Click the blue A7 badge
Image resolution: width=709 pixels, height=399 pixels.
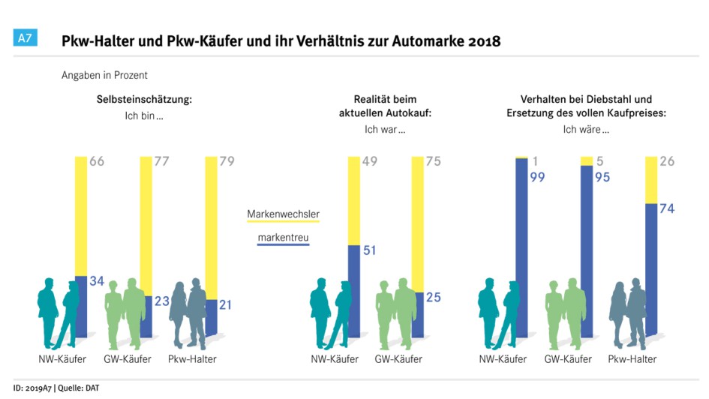pyautogui.click(x=25, y=37)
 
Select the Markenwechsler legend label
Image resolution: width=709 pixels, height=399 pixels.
pyautogui.click(x=283, y=214)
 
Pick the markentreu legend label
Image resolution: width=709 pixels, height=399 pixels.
pyautogui.click(x=283, y=238)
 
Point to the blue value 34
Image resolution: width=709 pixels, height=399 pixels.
pyautogui.click(x=96, y=281)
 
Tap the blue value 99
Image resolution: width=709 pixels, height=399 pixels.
pyautogui.click(x=537, y=178)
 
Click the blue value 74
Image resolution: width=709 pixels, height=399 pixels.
pyautogui.click(x=667, y=209)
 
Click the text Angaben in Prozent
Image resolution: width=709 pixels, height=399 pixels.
pyautogui.click(x=104, y=75)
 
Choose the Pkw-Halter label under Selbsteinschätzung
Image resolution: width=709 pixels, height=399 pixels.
pyautogui.click(x=193, y=359)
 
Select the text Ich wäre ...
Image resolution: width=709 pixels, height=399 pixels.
pyautogui.click(x=586, y=129)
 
